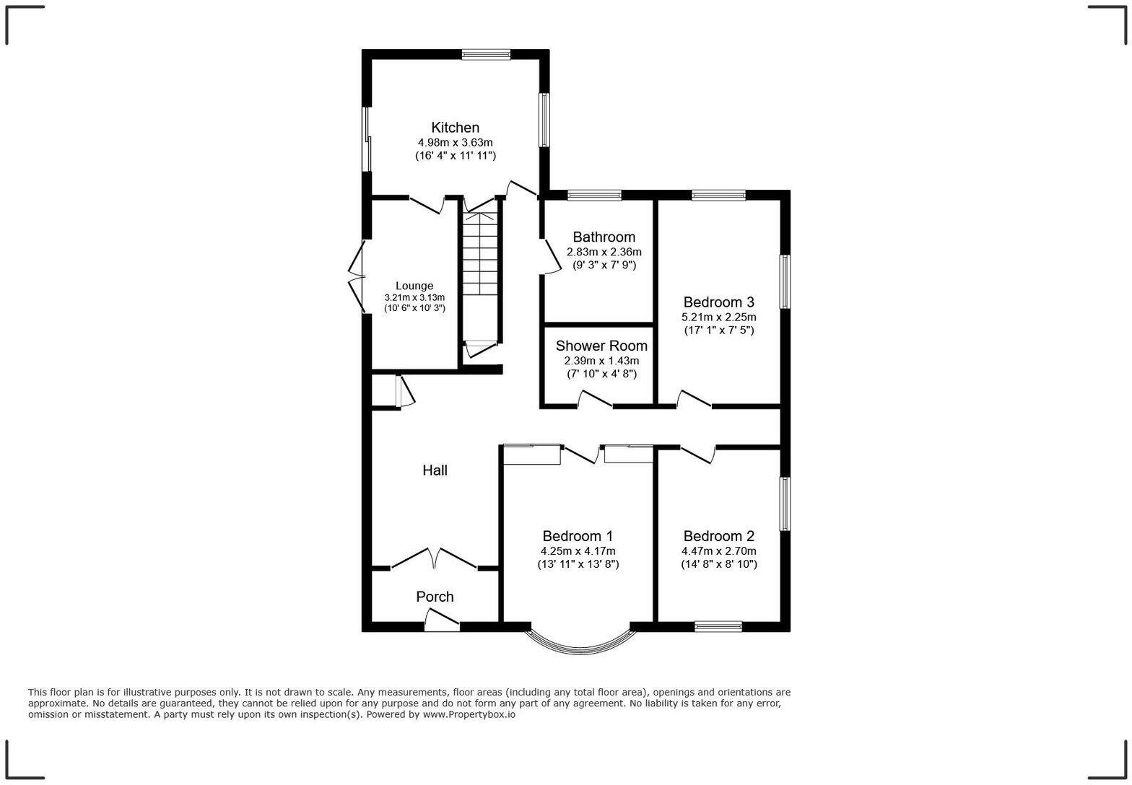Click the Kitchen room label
tap(455, 128)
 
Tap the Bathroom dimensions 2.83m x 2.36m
tap(604, 252)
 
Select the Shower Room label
tap(601, 346)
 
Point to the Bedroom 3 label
tap(718, 302)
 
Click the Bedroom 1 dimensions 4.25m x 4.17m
tap(578, 551)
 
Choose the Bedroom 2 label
tap(718, 536)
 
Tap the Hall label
tap(435, 470)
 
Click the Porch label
tap(435, 597)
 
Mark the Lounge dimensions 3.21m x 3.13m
tap(414, 297)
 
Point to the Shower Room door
tap(595, 399)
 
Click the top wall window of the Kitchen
tap(486, 53)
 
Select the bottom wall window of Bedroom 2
tap(718, 626)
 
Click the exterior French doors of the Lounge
tap(357, 276)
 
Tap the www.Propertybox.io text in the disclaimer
tap(469, 714)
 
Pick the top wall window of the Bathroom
tap(594, 195)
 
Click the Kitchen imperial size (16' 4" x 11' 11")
tap(455, 155)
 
